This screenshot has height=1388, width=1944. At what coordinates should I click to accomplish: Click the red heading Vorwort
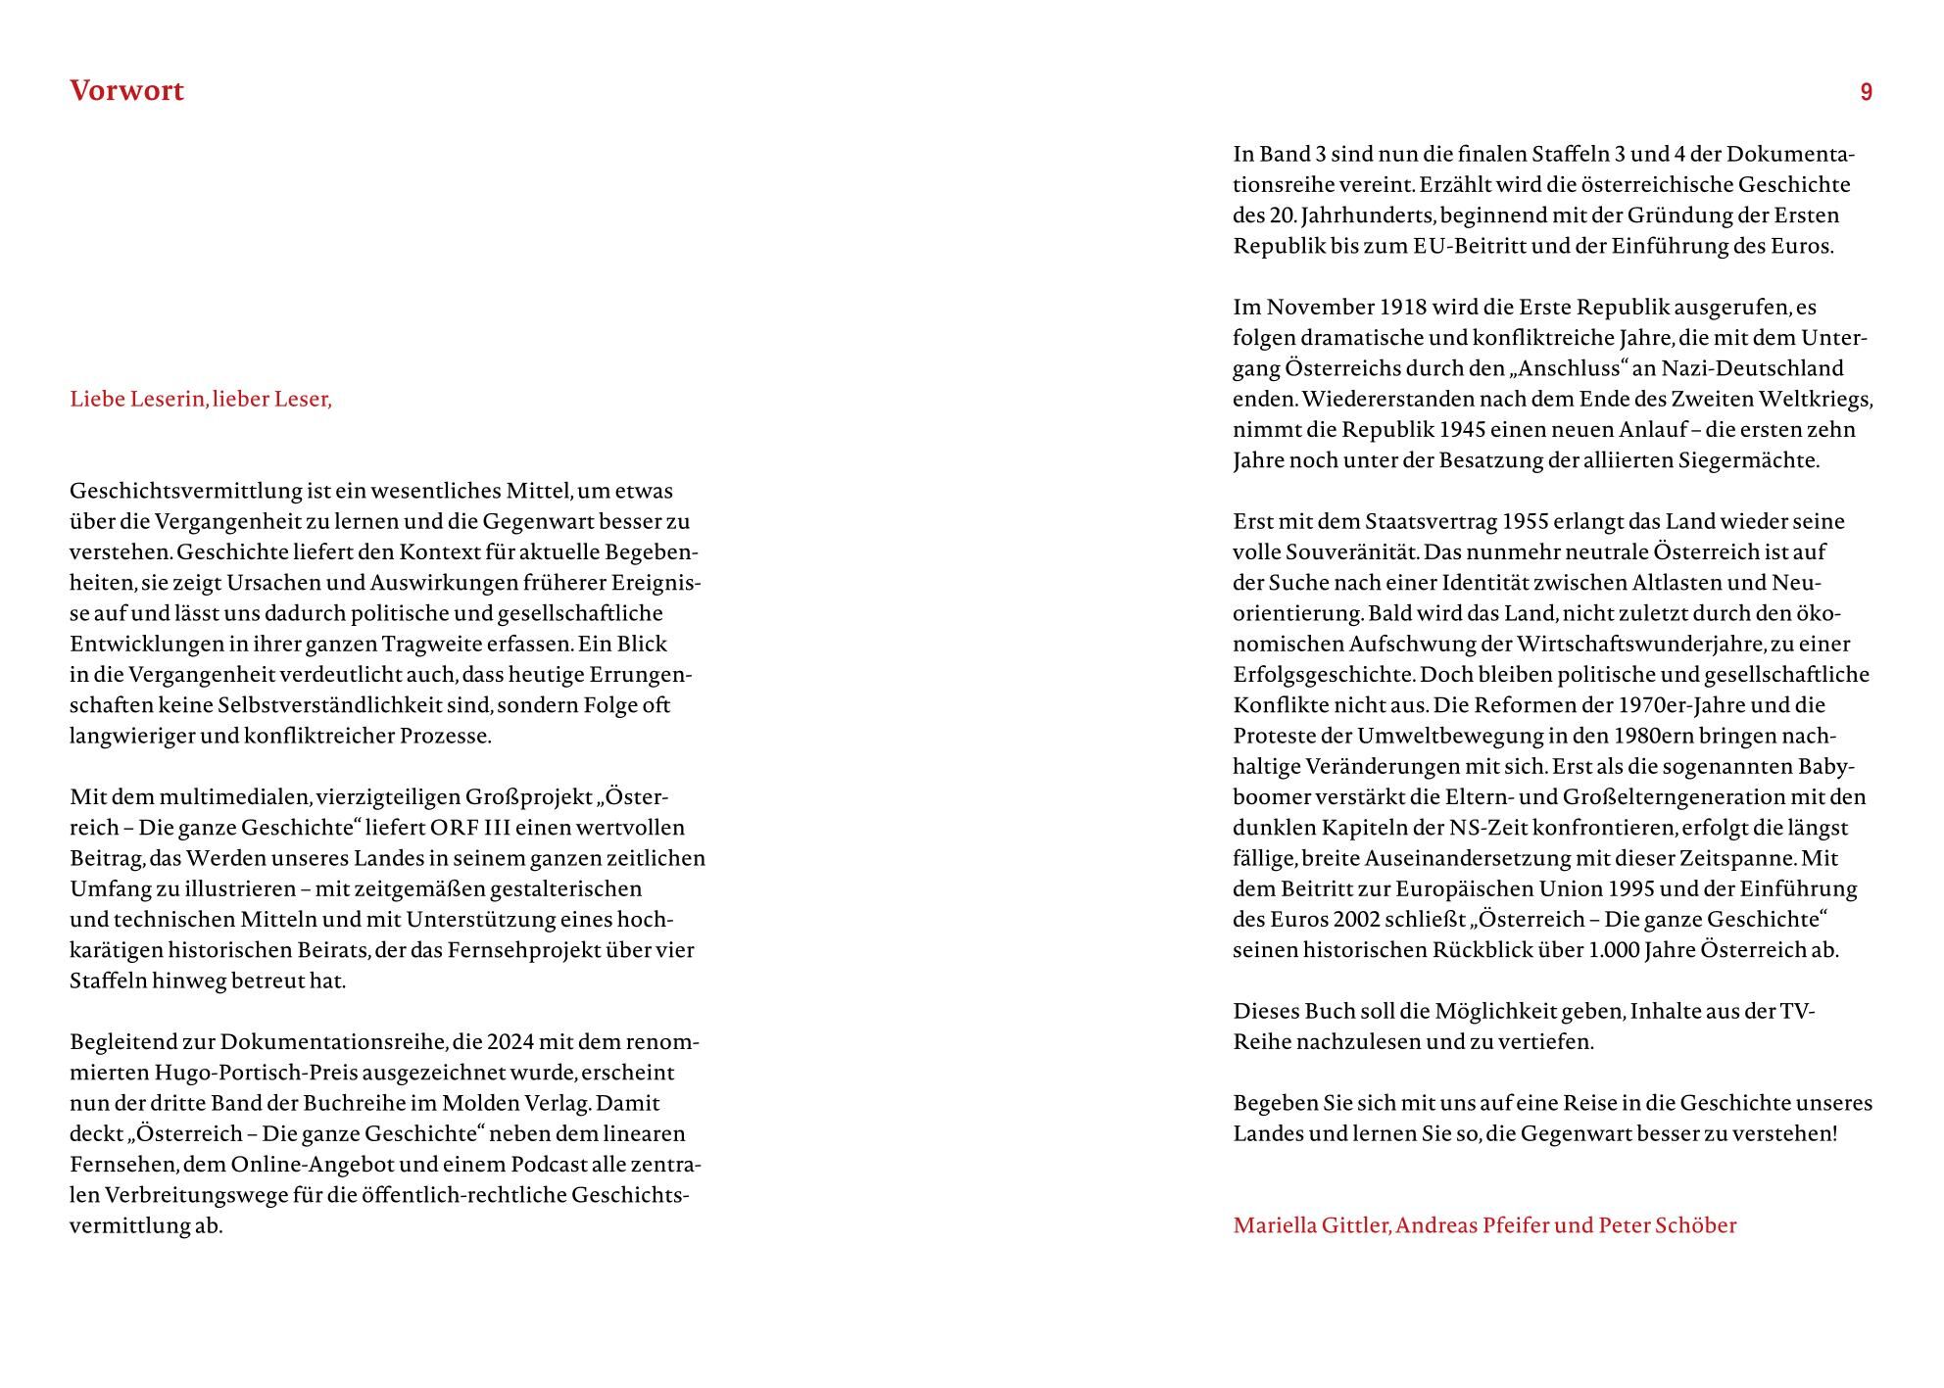(x=126, y=91)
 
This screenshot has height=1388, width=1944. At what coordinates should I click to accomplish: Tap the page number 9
(x=1866, y=92)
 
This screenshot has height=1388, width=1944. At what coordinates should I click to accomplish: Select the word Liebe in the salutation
(x=98, y=400)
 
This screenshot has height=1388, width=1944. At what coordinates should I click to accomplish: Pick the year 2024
(x=510, y=1041)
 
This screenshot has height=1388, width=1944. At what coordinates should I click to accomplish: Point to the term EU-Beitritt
(x=1469, y=246)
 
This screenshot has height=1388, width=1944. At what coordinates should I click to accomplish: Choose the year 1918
(x=1402, y=308)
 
